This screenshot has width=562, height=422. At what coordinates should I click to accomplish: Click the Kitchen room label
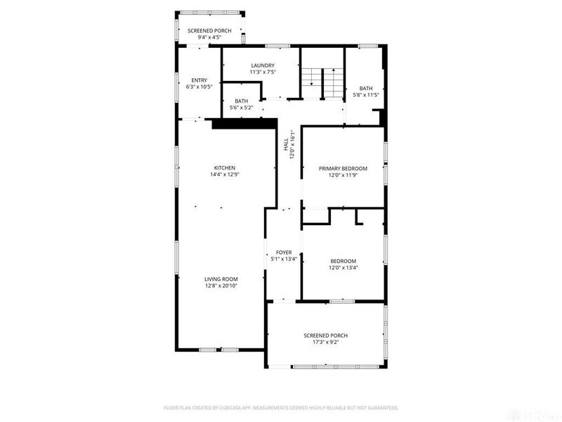224,167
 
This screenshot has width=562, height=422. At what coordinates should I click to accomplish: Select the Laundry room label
261,65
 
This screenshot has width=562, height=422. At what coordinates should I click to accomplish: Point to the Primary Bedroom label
343,169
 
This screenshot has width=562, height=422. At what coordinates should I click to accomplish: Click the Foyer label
284,252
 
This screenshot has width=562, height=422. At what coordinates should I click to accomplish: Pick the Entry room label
200,80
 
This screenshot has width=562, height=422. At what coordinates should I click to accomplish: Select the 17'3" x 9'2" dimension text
325,343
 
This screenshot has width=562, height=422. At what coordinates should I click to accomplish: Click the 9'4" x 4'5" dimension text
209,39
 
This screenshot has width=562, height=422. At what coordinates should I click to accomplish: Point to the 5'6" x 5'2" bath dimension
242,108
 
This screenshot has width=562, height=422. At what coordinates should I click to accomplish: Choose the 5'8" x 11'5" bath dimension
365,95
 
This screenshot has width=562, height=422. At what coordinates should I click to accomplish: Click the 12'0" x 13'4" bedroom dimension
344,268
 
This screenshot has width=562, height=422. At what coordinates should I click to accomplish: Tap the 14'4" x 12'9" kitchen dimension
224,174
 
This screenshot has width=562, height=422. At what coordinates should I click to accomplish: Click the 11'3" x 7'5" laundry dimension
261,72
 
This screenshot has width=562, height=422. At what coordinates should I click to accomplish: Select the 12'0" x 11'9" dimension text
343,176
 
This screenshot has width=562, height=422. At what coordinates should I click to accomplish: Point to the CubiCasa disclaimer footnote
281,407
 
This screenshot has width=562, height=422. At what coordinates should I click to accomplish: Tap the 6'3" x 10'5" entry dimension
200,87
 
